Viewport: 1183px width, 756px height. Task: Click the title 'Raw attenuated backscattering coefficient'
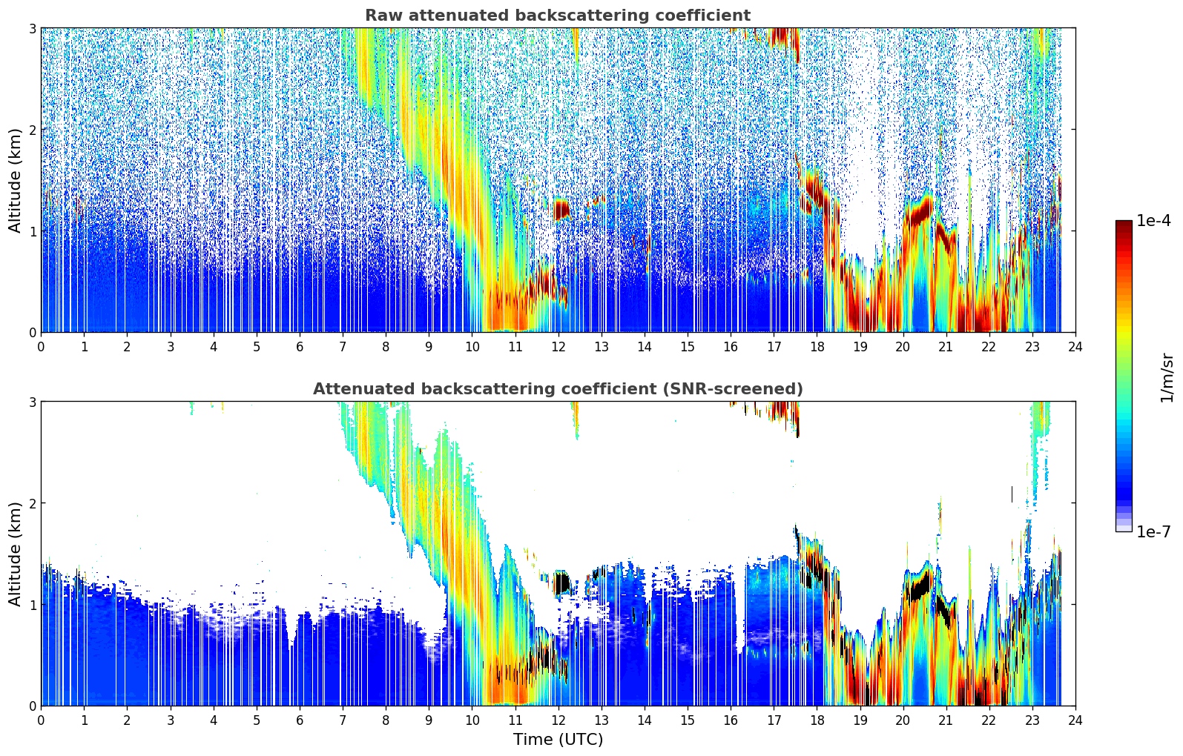click(557, 16)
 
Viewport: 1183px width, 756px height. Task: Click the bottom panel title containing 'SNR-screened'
click(557, 389)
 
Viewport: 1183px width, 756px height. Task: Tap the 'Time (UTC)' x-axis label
click(558, 739)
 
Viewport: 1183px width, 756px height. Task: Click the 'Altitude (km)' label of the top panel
click(15, 180)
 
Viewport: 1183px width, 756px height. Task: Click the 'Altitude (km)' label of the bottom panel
click(15, 554)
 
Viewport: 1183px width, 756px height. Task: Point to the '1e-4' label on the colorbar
click(1153, 221)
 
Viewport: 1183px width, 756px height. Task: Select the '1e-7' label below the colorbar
click(1153, 531)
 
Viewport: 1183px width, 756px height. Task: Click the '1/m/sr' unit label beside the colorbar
click(1167, 377)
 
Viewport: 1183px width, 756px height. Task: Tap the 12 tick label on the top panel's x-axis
click(558, 347)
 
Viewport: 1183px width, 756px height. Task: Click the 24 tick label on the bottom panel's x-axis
click(1075, 720)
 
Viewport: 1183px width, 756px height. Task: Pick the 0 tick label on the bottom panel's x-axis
click(41, 720)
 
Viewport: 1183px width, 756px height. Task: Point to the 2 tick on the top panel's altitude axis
click(32, 130)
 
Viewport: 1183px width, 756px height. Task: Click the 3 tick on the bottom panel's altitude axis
click(32, 402)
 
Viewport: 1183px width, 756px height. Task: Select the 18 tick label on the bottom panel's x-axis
click(817, 720)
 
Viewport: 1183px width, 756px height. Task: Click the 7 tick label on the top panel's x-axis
click(343, 347)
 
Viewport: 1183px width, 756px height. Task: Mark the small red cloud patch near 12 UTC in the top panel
click(561, 210)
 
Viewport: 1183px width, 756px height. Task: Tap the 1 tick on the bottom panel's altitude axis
click(32, 605)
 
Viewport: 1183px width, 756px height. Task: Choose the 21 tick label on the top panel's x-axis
click(946, 347)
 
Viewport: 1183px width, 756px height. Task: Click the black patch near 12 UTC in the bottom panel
click(562, 583)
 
